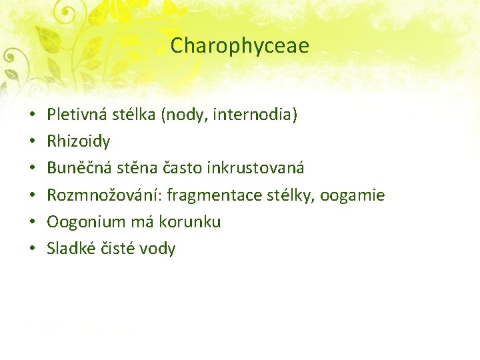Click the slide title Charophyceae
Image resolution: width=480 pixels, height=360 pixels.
coord(240,45)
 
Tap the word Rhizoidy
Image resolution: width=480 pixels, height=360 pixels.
coord(79,141)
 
